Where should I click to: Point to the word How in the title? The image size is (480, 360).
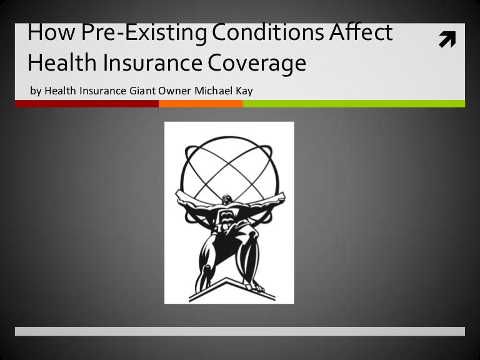click(48, 34)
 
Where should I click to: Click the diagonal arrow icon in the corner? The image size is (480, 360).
click(447, 41)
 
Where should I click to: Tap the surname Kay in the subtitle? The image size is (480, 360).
click(244, 91)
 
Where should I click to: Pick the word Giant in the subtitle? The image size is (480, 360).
click(142, 91)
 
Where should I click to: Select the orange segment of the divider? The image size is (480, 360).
click(201, 104)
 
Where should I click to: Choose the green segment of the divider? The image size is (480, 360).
click(354, 104)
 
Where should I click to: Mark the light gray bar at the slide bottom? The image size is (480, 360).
click(240, 331)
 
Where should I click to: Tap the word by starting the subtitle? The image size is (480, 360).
click(34, 91)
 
